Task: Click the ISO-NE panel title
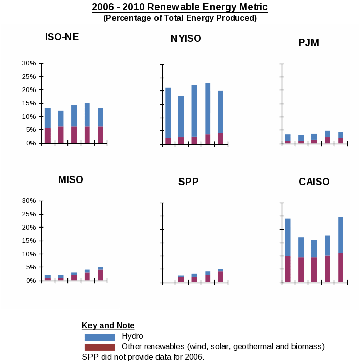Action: (62, 37)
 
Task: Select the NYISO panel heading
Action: (186, 39)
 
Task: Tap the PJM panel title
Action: (309, 42)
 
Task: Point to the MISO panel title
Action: (71, 179)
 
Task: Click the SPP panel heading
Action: (189, 181)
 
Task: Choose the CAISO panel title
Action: (314, 181)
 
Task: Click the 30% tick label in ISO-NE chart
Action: (29, 63)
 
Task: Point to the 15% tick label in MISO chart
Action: (29, 240)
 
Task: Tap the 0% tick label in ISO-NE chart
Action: (31, 143)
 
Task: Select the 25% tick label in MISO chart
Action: (29, 214)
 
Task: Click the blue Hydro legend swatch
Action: (100, 337)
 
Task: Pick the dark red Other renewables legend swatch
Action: (100, 347)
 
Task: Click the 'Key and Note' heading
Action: (108, 326)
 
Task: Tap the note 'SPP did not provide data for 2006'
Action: (143, 357)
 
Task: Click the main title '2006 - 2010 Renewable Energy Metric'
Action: (180, 7)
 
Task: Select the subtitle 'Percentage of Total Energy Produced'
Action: (180, 18)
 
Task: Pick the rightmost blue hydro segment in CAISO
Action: (341, 235)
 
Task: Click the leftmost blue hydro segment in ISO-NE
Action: (48, 118)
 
